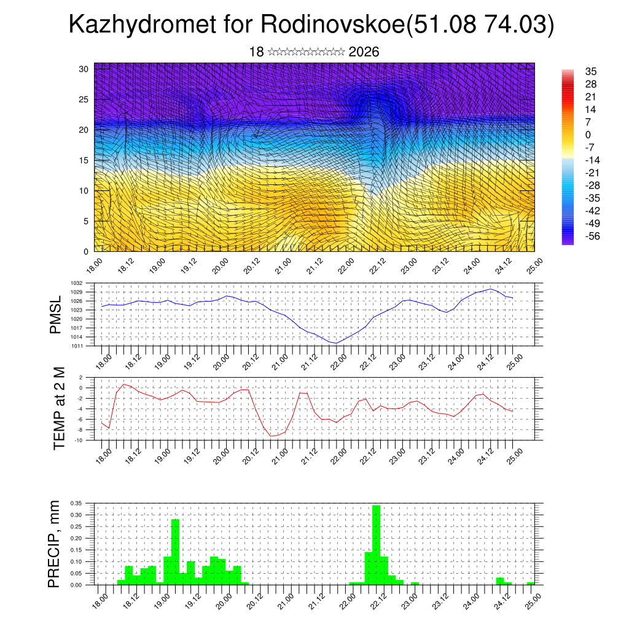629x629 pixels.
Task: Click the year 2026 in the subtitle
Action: tap(364, 52)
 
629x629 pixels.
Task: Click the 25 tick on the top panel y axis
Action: tap(84, 100)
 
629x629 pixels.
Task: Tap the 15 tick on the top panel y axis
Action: tap(84, 160)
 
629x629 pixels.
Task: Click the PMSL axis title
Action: tap(56, 314)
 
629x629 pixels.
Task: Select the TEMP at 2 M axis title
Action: tap(59, 408)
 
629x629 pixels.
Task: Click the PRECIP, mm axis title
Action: tap(56, 544)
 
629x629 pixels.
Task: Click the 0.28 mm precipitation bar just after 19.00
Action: tap(175, 552)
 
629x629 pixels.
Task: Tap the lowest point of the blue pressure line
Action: tap(335, 343)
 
